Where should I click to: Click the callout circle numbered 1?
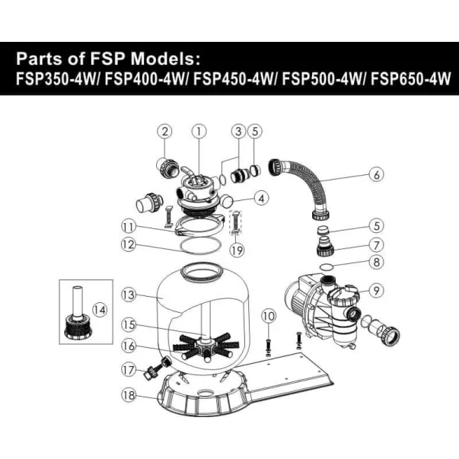[199, 131]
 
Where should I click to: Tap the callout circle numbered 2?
[165, 131]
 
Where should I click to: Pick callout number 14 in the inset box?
[100, 308]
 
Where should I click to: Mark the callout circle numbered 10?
[268, 315]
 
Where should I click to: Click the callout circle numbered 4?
[261, 199]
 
